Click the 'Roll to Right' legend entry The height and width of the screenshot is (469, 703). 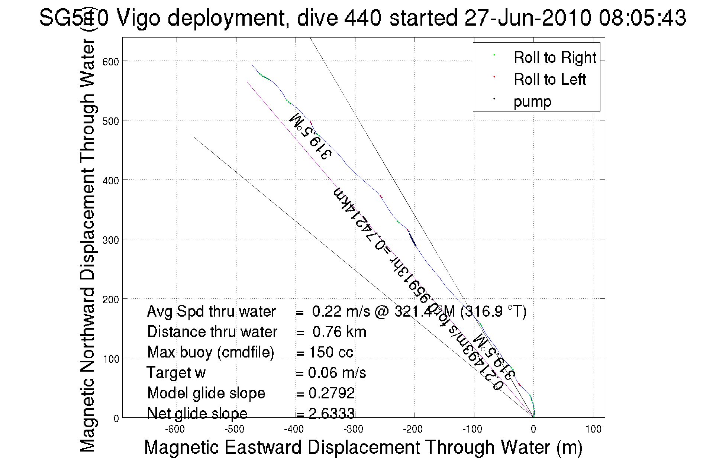tap(554, 58)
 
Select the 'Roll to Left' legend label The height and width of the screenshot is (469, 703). tap(549, 80)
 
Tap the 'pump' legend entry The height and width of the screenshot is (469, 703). tap(532, 101)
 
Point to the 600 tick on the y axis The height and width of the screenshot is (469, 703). tap(110, 61)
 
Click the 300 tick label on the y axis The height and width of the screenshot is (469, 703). tap(110, 240)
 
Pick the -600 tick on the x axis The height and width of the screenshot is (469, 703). tap(175, 430)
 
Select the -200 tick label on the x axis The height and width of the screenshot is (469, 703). tap(413, 430)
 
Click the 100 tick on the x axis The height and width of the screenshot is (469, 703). tap(593, 430)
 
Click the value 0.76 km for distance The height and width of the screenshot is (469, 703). tap(339, 332)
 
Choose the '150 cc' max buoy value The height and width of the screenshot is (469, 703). tap(330, 352)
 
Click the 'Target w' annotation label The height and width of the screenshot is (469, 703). tap(176, 373)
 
